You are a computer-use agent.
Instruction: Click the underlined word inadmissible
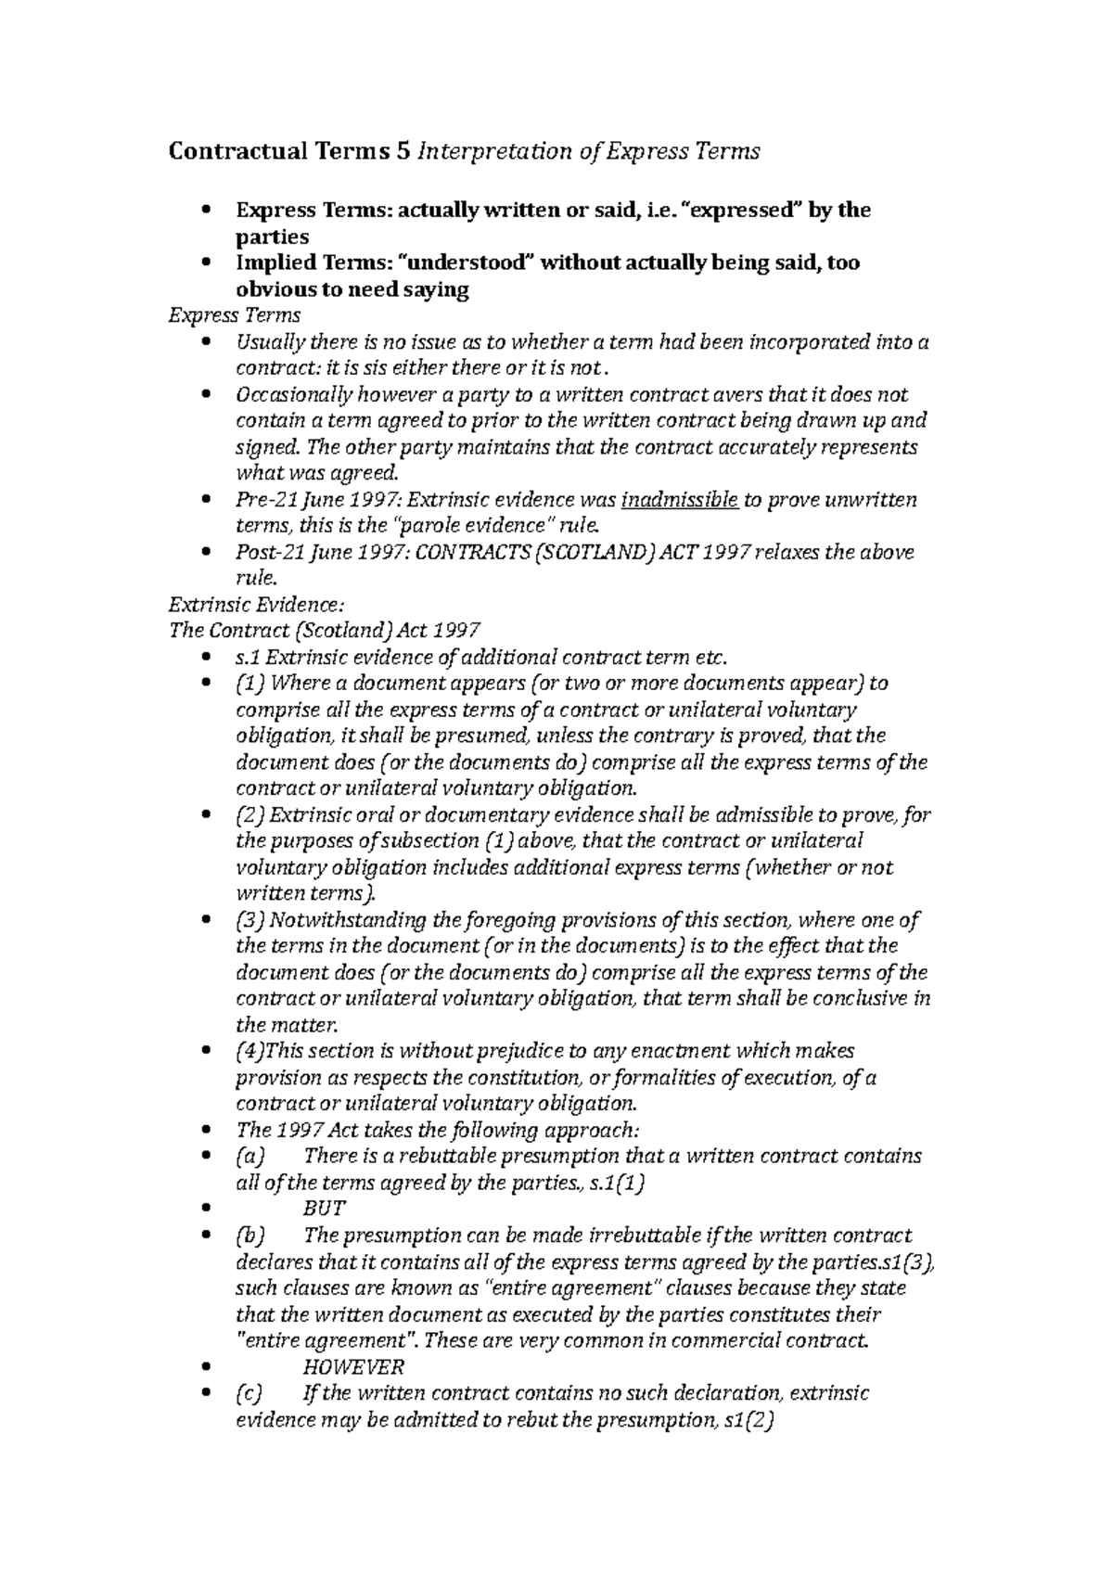tap(679, 501)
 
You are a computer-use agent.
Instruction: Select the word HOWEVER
tap(353, 1367)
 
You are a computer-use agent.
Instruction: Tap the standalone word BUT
tap(325, 1209)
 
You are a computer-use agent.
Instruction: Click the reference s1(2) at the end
tap(747, 1420)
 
